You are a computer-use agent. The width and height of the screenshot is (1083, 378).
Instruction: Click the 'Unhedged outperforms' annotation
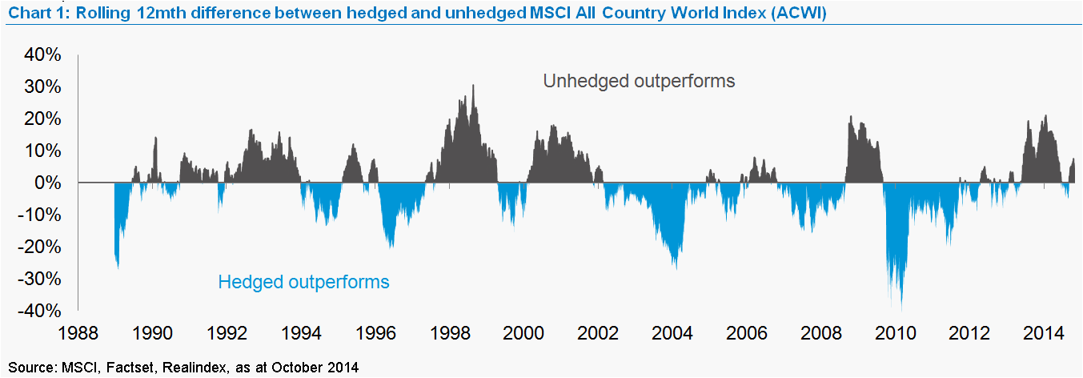(639, 82)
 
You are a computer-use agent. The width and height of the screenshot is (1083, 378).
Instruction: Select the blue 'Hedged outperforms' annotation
(303, 282)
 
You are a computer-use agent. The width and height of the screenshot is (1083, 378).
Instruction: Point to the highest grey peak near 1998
(473, 86)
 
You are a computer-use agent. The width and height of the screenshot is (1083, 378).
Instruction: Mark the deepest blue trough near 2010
(901, 309)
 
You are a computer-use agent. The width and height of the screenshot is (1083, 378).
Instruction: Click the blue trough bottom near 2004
(676, 268)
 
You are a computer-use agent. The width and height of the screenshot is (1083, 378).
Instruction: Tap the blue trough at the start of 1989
(118, 267)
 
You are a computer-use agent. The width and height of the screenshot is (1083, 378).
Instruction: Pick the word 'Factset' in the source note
(123, 368)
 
